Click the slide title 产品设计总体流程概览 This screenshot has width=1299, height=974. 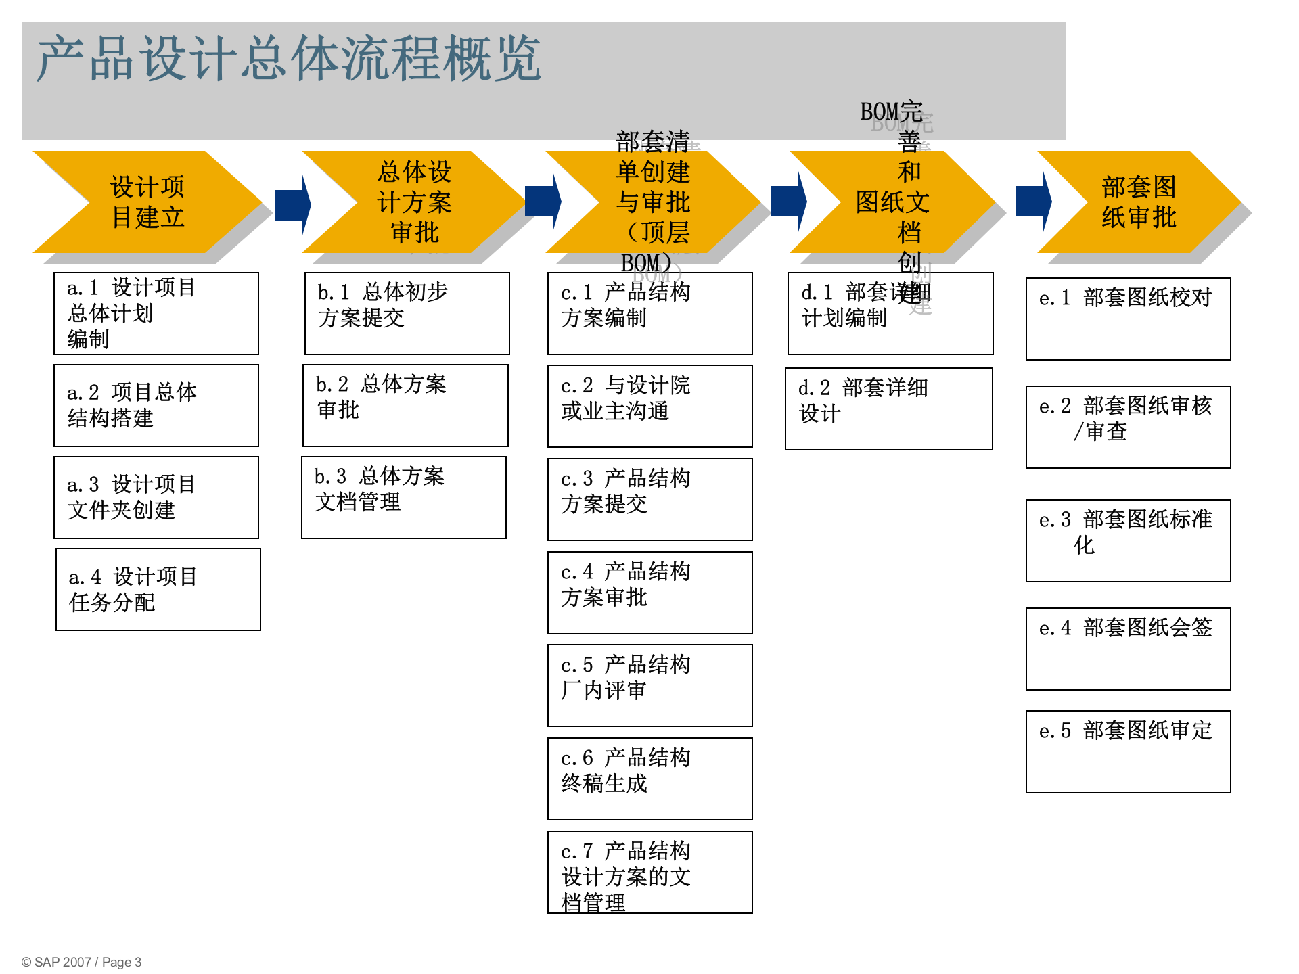click(x=289, y=60)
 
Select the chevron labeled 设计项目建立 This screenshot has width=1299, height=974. click(x=147, y=202)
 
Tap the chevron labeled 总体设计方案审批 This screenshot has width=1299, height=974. click(x=414, y=202)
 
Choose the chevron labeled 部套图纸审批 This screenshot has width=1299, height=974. click(x=1139, y=202)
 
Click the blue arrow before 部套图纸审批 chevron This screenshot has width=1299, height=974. click(x=1033, y=202)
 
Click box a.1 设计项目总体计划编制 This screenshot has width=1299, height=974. click(x=156, y=313)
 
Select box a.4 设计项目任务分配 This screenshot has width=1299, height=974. click(x=158, y=589)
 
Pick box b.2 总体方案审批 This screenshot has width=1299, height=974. click(x=405, y=405)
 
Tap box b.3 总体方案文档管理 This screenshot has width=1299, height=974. click(x=404, y=497)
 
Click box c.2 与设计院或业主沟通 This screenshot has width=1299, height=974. click(x=649, y=406)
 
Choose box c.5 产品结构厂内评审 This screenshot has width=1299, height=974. click(x=649, y=685)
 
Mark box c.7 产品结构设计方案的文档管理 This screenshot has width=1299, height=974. click(x=649, y=872)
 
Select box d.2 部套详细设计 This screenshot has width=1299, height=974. click(x=888, y=409)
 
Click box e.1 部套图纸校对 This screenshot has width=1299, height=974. click(x=1128, y=319)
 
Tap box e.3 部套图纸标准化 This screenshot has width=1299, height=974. click(x=1128, y=540)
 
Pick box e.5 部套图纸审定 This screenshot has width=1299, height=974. click(x=1128, y=751)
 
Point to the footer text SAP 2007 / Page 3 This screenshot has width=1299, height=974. click(x=82, y=962)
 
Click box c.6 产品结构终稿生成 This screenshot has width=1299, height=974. click(x=649, y=779)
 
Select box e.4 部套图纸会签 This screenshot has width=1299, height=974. click(x=1128, y=649)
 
